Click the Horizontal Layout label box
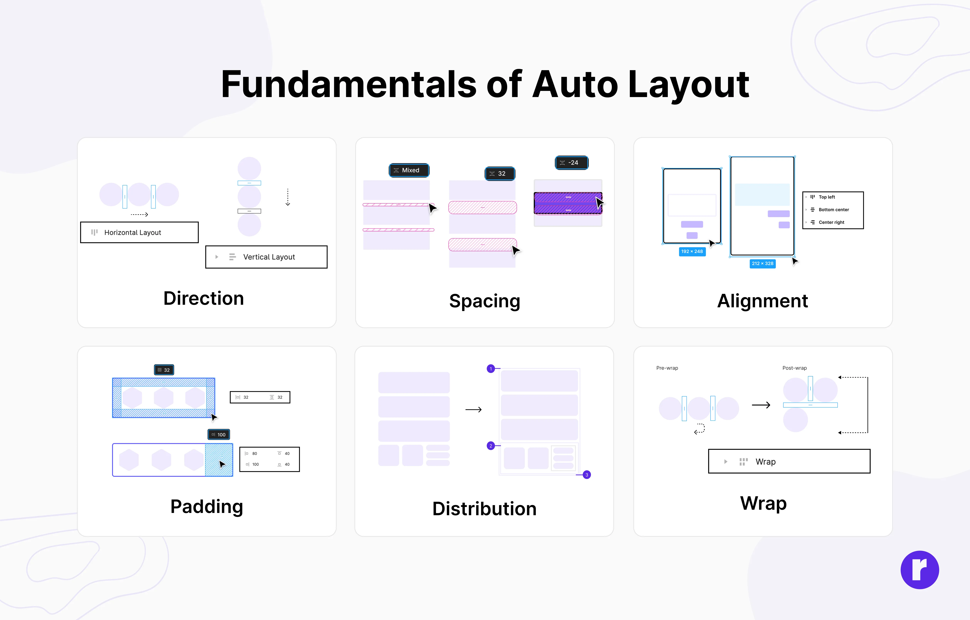(x=139, y=232)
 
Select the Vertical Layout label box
(x=266, y=257)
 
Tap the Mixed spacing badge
(x=409, y=170)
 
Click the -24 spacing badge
(x=572, y=163)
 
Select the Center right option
(x=831, y=222)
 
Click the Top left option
(x=827, y=197)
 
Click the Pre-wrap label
(x=667, y=368)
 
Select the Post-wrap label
(x=794, y=368)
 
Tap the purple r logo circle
(x=920, y=570)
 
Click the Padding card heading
(x=207, y=506)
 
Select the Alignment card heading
(x=763, y=301)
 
